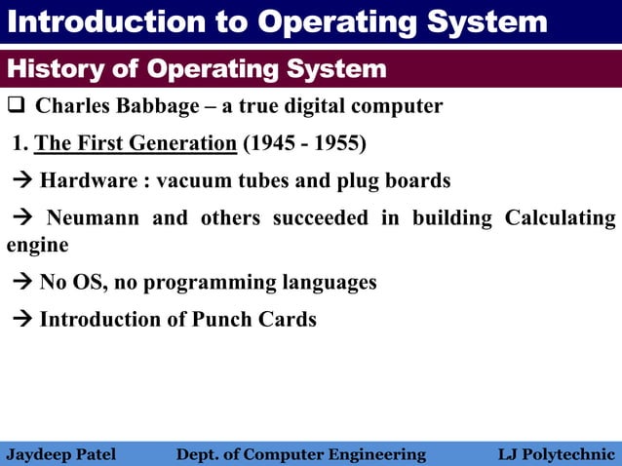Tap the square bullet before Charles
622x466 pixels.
[x=16, y=105]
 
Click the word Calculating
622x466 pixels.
[x=560, y=217]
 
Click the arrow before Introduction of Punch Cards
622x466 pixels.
[x=22, y=320]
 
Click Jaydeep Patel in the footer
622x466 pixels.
[x=60, y=454]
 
